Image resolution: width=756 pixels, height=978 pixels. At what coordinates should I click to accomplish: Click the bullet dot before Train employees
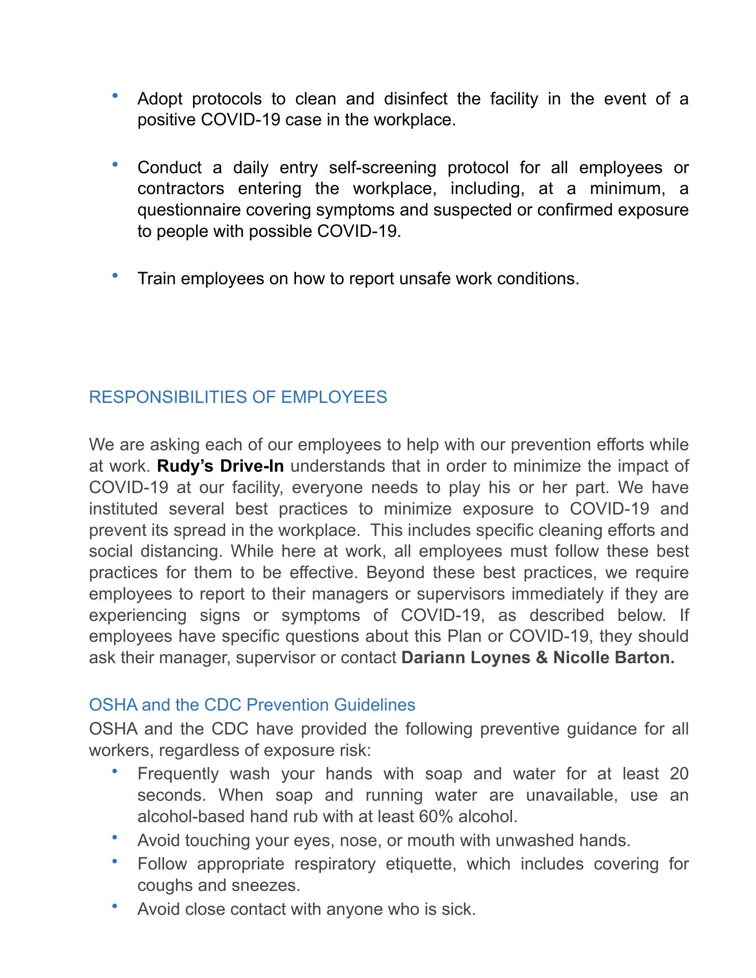pyautogui.click(x=115, y=276)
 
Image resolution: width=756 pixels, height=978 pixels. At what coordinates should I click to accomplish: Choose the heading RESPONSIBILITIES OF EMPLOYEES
pyautogui.click(x=238, y=397)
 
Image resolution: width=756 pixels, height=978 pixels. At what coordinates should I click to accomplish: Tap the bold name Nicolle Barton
pyautogui.click(x=614, y=658)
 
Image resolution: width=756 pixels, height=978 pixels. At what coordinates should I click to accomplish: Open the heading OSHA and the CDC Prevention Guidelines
pyautogui.click(x=252, y=705)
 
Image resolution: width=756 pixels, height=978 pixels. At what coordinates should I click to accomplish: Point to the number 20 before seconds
pyautogui.click(x=679, y=774)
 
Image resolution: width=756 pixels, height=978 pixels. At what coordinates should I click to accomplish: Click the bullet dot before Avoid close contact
pyautogui.click(x=115, y=906)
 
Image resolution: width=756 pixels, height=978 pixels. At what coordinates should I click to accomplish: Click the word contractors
pyautogui.click(x=181, y=188)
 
